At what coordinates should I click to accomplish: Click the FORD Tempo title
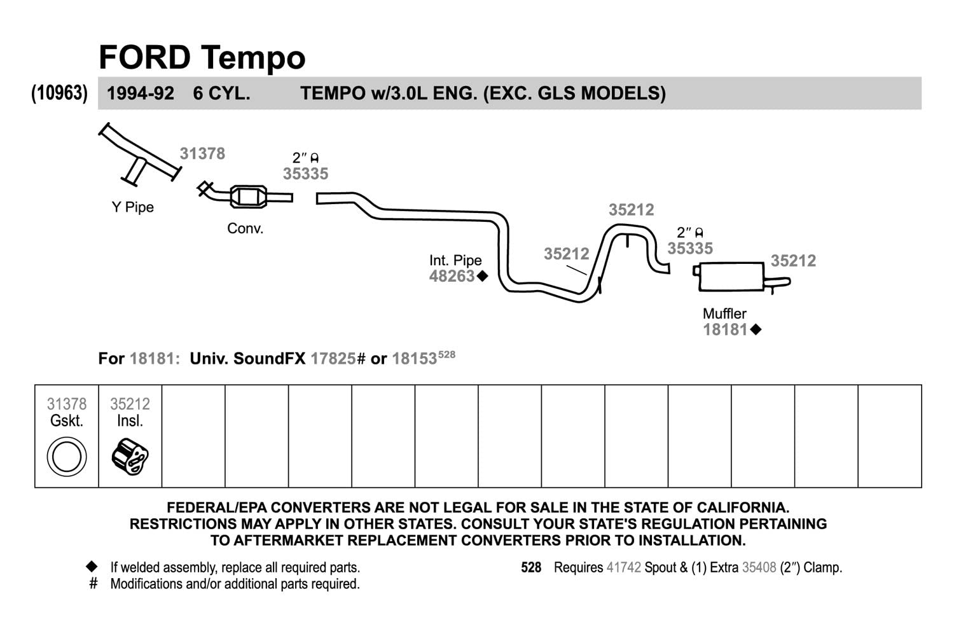coord(202,57)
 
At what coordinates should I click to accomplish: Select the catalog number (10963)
coord(59,93)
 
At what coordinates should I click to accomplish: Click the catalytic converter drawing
coord(245,196)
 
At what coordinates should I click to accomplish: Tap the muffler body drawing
coord(731,277)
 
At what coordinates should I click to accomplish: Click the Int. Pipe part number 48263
coord(452,277)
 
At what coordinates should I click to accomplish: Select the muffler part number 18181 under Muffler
coord(725,329)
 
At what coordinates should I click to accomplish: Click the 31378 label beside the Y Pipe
coord(202,153)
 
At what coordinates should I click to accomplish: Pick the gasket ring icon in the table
coord(67,457)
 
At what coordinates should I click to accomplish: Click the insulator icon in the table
coord(130,457)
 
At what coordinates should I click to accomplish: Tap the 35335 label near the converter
coord(306,174)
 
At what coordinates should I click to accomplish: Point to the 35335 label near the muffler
coord(690,248)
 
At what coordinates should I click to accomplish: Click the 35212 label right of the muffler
coord(794,261)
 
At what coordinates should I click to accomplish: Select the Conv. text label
coord(245,228)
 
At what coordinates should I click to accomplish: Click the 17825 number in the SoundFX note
coord(333,359)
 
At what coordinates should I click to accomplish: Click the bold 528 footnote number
coord(531,568)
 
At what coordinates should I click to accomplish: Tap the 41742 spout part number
coord(623,568)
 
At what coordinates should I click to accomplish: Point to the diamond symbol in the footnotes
coord(92,567)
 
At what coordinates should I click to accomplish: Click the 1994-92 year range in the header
coord(141,93)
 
